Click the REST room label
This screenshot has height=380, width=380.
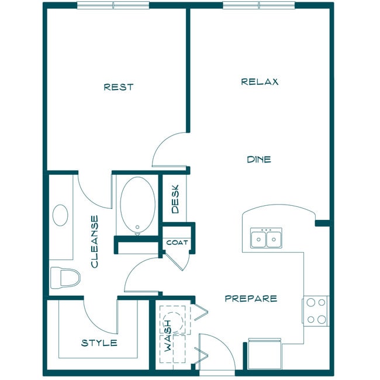[x=119, y=87]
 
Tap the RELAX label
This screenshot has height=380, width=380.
[x=260, y=82]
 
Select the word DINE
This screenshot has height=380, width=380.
[x=258, y=159]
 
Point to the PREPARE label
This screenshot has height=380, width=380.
[x=251, y=298]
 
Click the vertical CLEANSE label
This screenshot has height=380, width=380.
[x=95, y=241]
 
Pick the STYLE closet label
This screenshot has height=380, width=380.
[x=99, y=343]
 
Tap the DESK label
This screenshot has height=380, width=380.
[x=175, y=199]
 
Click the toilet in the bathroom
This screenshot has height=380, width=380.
[x=65, y=278]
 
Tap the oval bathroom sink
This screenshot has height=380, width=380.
[x=60, y=215]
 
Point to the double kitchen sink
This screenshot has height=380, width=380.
[x=266, y=239]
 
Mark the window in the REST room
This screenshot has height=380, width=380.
[x=114, y=6]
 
